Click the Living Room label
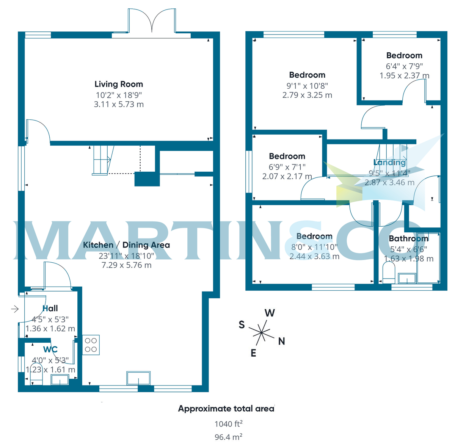119,84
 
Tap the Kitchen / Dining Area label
126,245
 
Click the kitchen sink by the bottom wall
139,378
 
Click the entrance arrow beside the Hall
15,309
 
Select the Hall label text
50,308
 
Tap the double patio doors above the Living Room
152,22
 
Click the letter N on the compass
281,341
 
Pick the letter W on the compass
270,313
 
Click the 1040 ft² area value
228,424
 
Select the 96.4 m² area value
228,437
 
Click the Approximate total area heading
226,409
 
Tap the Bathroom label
408,238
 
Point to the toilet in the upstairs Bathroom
389,274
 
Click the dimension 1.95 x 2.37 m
404,75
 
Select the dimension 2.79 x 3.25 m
307,95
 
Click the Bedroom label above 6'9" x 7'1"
287,156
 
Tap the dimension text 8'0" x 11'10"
314,247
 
